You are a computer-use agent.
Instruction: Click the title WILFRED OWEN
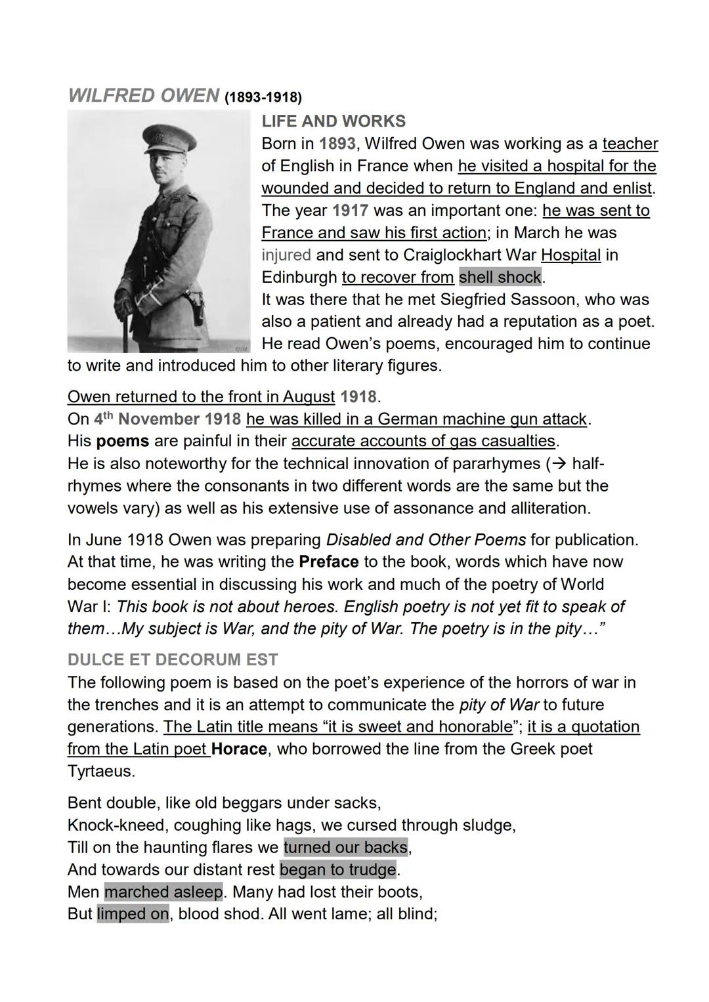pyautogui.click(x=143, y=96)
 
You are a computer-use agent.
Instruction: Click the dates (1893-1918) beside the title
pyautogui.click(x=263, y=98)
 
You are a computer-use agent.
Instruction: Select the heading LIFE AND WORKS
pyautogui.click(x=333, y=121)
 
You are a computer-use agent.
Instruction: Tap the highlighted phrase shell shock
pyautogui.click(x=500, y=277)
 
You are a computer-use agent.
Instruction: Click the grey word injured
pyautogui.click(x=286, y=255)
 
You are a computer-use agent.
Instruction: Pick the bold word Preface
pyautogui.click(x=328, y=562)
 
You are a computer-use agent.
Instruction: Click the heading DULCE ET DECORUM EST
pyautogui.click(x=173, y=659)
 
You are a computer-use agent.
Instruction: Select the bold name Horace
pyautogui.click(x=239, y=749)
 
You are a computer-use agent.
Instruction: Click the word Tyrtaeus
pyautogui.click(x=101, y=771)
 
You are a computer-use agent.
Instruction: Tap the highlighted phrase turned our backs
pyautogui.click(x=345, y=847)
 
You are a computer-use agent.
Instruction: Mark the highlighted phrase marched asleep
pyautogui.click(x=163, y=892)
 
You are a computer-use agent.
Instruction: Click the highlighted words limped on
pyautogui.click(x=133, y=913)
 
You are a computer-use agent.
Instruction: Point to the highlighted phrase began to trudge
pyautogui.click(x=338, y=869)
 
